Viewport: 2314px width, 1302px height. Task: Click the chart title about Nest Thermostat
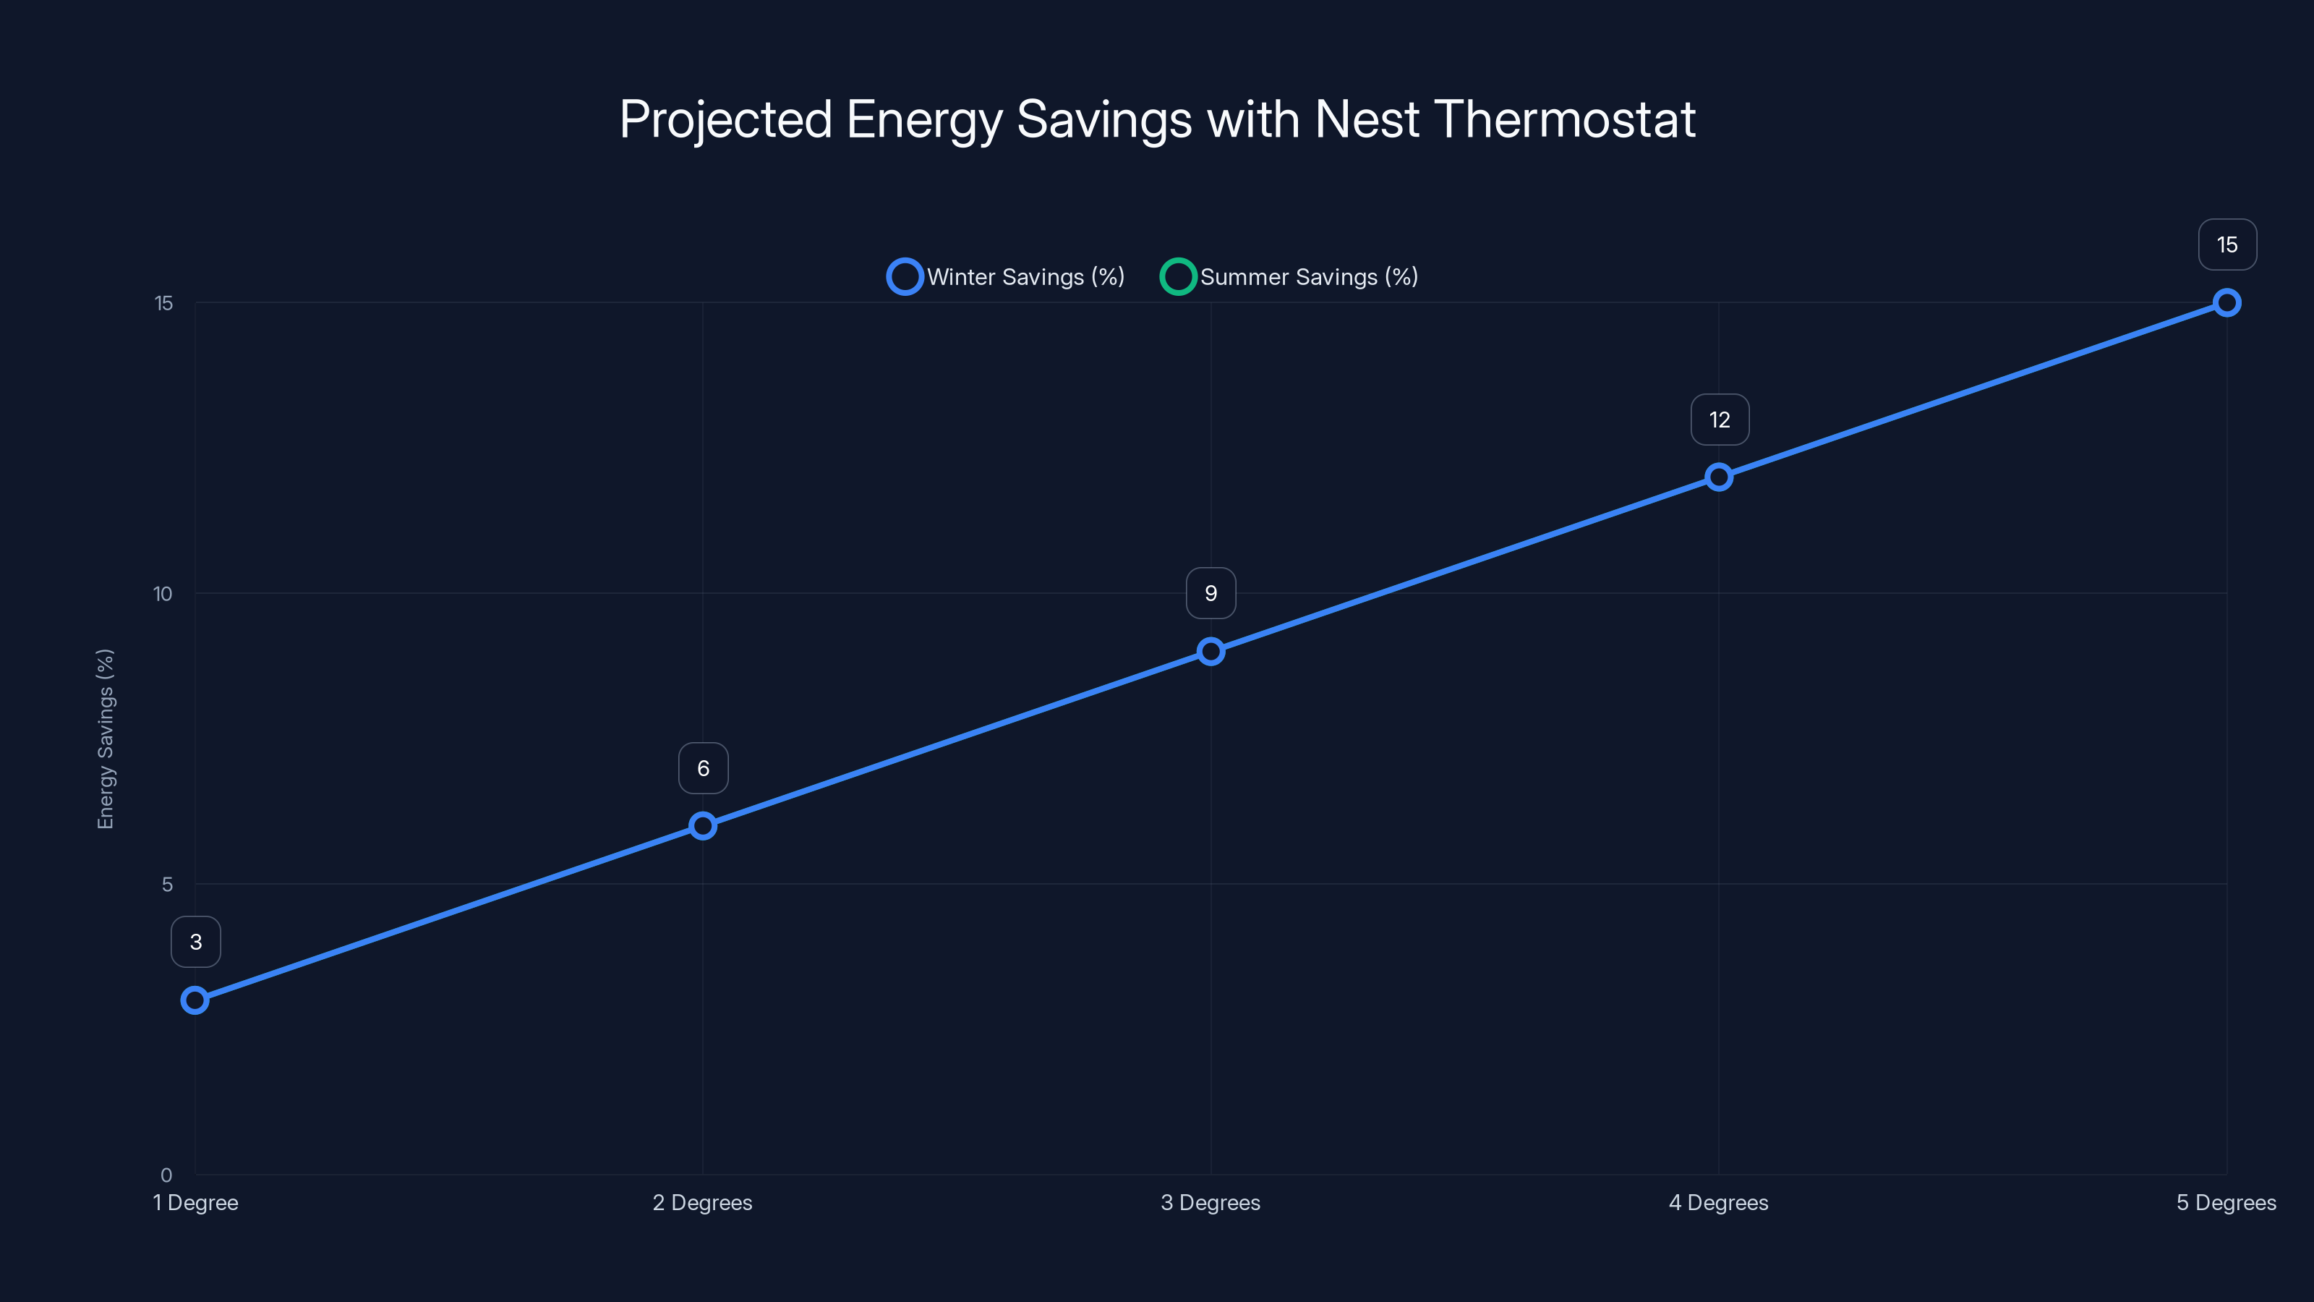(x=1157, y=119)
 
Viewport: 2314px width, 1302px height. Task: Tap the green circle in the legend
(x=1178, y=277)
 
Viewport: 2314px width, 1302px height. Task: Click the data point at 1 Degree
(x=195, y=1000)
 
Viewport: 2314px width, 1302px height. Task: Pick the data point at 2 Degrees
(x=702, y=826)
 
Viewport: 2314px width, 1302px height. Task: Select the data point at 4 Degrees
(x=1718, y=477)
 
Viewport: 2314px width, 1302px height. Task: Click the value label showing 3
(x=196, y=942)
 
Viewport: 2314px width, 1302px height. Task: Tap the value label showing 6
(x=704, y=768)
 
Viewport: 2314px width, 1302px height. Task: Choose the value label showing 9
(x=1211, y=593)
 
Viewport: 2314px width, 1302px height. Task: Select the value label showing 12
(x=1720, y=420)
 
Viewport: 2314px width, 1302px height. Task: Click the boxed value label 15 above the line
(x=2227, y=244)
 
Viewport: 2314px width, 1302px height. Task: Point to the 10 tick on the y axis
(x=163, y=594)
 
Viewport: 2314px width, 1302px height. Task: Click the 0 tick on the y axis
(x=166, y=1175)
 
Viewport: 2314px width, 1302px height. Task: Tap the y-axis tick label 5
(x=167, y=884)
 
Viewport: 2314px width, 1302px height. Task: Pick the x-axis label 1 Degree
(x=196, y=1202)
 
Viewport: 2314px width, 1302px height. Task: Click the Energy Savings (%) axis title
(x=106, y=739)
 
